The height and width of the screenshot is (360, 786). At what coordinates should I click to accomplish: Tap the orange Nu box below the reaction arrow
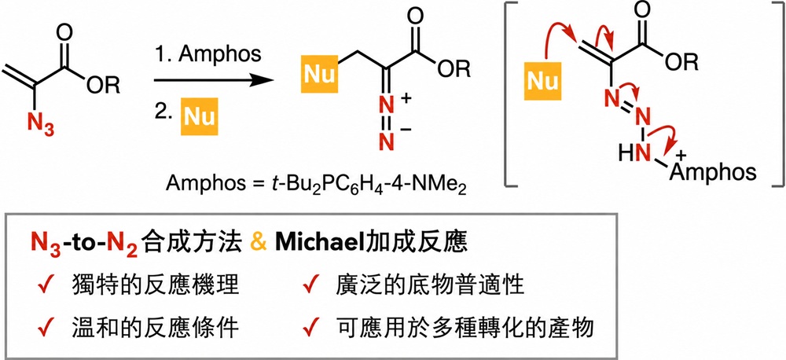pyautogui.click(x=200, y=117)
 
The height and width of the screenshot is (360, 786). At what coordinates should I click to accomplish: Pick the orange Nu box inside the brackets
pyautogui.click(x=542, y=80)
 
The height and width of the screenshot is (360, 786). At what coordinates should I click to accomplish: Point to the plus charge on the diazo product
pyautogui.click(x=405, y=99)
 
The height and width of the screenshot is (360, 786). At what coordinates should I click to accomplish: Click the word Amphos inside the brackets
pyautogui.click(x=712, y=171)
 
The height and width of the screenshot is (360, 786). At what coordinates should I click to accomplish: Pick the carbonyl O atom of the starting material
pyautogui.click(x=64, y=35)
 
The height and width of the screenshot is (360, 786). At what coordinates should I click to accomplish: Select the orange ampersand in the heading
pyautogui.click(x=258, y=244)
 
